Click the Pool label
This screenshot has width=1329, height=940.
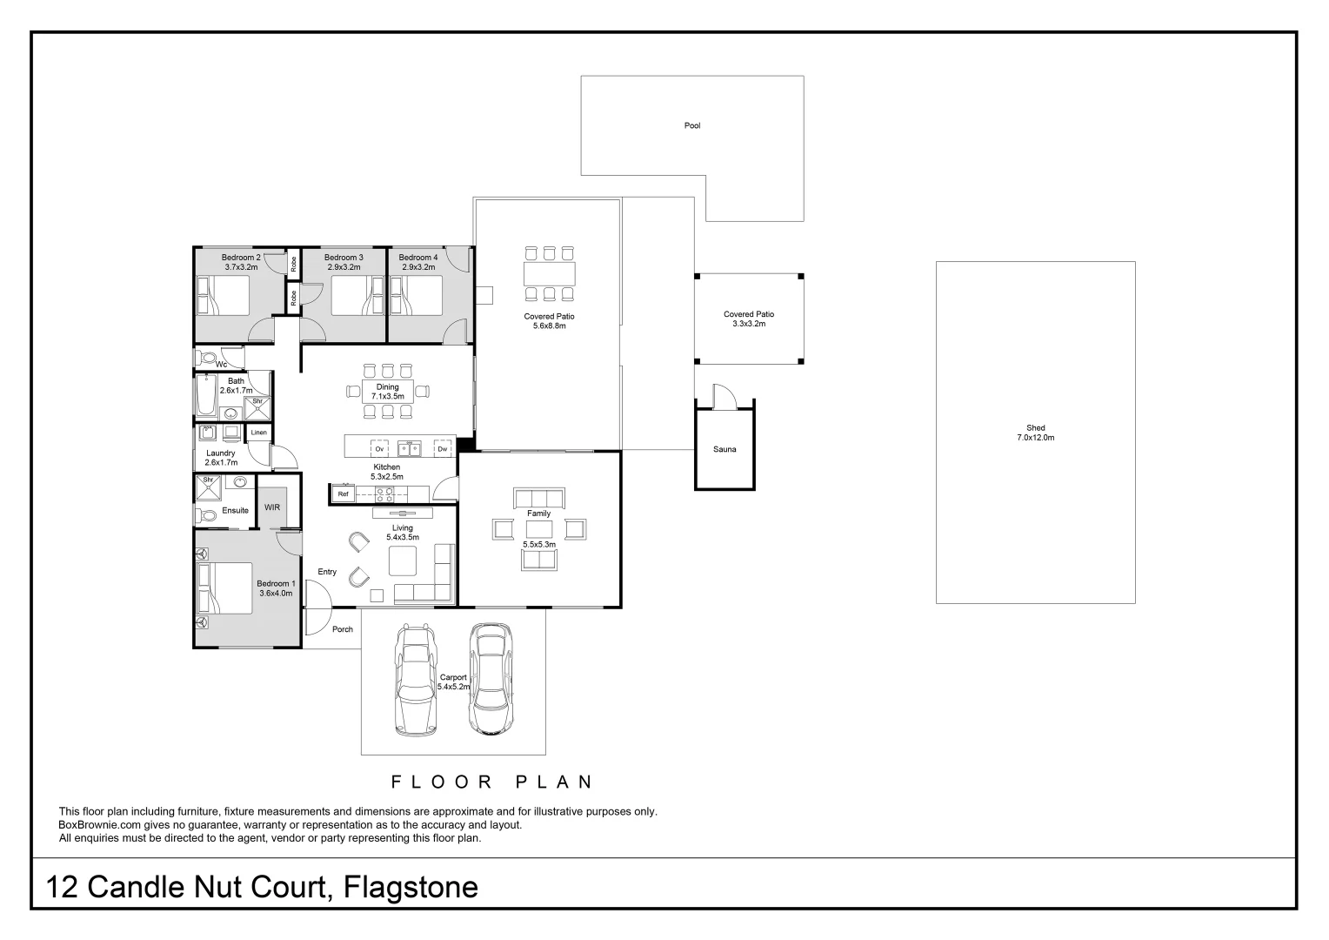point(691,126)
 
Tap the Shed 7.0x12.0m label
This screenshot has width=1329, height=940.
point(1035,433)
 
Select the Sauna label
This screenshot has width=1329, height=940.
point(725,449)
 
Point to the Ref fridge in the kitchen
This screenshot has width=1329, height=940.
point(343,494)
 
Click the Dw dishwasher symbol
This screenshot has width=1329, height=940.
point(443,449)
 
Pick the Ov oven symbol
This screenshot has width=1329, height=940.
point(379,449)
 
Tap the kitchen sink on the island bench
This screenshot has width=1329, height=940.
point(410,449)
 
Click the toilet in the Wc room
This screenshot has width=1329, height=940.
point(206,359)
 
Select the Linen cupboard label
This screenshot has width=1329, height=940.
point(258,433)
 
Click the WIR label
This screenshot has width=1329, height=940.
point(271,507)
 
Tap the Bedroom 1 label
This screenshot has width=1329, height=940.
point(276,588)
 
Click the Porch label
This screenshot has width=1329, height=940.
point(343,629)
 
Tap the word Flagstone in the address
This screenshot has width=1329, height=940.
point(411,887)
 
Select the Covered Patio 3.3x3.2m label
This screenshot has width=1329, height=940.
point(749,319)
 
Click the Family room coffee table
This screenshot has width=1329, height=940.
point(538,529)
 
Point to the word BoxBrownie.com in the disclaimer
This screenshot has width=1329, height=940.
point(100,825)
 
